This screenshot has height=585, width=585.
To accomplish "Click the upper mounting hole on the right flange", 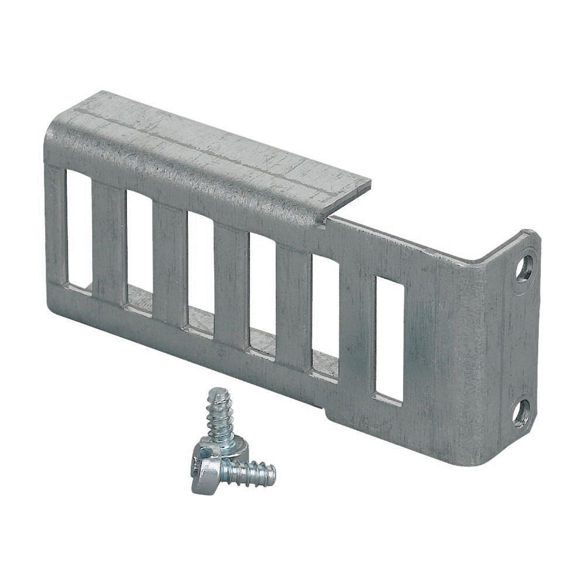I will click(524, 269).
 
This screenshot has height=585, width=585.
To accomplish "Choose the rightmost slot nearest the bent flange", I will click(389, 338).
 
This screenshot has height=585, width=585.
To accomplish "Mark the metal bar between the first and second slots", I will click(109, 243).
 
